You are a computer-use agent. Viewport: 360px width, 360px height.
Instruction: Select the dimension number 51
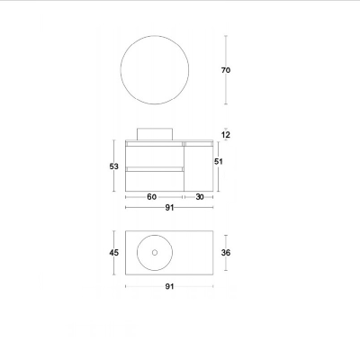pyautogui.click(x=219, y=161)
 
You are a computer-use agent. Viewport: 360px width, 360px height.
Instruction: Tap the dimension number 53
pyautogui.click(x=113, y=166)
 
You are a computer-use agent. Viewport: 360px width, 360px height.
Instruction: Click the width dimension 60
pyautogui.click(x=152, y=197)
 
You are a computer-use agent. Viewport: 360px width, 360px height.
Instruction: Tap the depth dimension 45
pyautogui.click(x=114, y=253)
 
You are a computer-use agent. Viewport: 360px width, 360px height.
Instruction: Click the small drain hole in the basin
pyautogui.click(x=154, y=253)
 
